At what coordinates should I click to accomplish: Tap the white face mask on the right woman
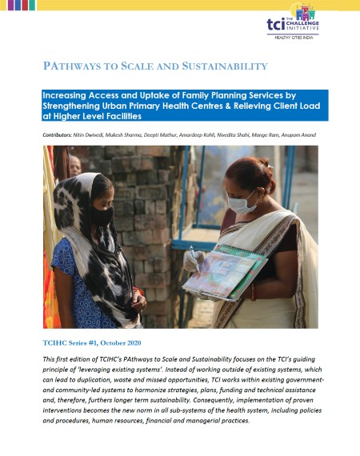pyautogui.click(x=242, y=201)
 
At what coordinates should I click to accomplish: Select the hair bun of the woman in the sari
pyautogui.click(x=266, y=166)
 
